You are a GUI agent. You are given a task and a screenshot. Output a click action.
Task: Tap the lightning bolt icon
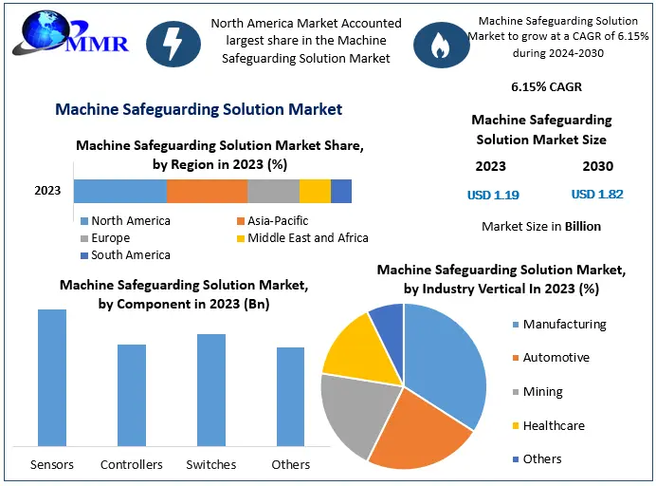coord(173,44)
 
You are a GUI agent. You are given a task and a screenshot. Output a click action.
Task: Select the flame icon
coord(440,44)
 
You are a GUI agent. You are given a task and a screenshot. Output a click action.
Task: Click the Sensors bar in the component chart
coord(52,378)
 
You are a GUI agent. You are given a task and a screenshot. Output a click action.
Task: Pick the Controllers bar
coord(132,395)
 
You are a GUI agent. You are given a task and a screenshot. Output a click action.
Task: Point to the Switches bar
coord(210,390)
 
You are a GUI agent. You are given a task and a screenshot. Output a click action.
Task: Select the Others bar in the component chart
coord(290,397)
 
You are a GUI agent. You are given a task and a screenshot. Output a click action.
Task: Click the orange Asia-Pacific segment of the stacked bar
coord(207,191)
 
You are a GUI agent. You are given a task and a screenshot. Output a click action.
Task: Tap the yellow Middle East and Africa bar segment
coord(315,191)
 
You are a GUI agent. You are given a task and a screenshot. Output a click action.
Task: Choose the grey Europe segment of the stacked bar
coord(273,191)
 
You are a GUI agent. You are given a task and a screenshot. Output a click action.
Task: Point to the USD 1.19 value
coord(493,195)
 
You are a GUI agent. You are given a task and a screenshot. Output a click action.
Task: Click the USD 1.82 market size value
coord(597,195)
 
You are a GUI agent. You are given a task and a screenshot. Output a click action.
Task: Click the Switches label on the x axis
coord(211,464)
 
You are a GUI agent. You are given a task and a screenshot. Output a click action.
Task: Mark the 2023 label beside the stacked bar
coord(47,191)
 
